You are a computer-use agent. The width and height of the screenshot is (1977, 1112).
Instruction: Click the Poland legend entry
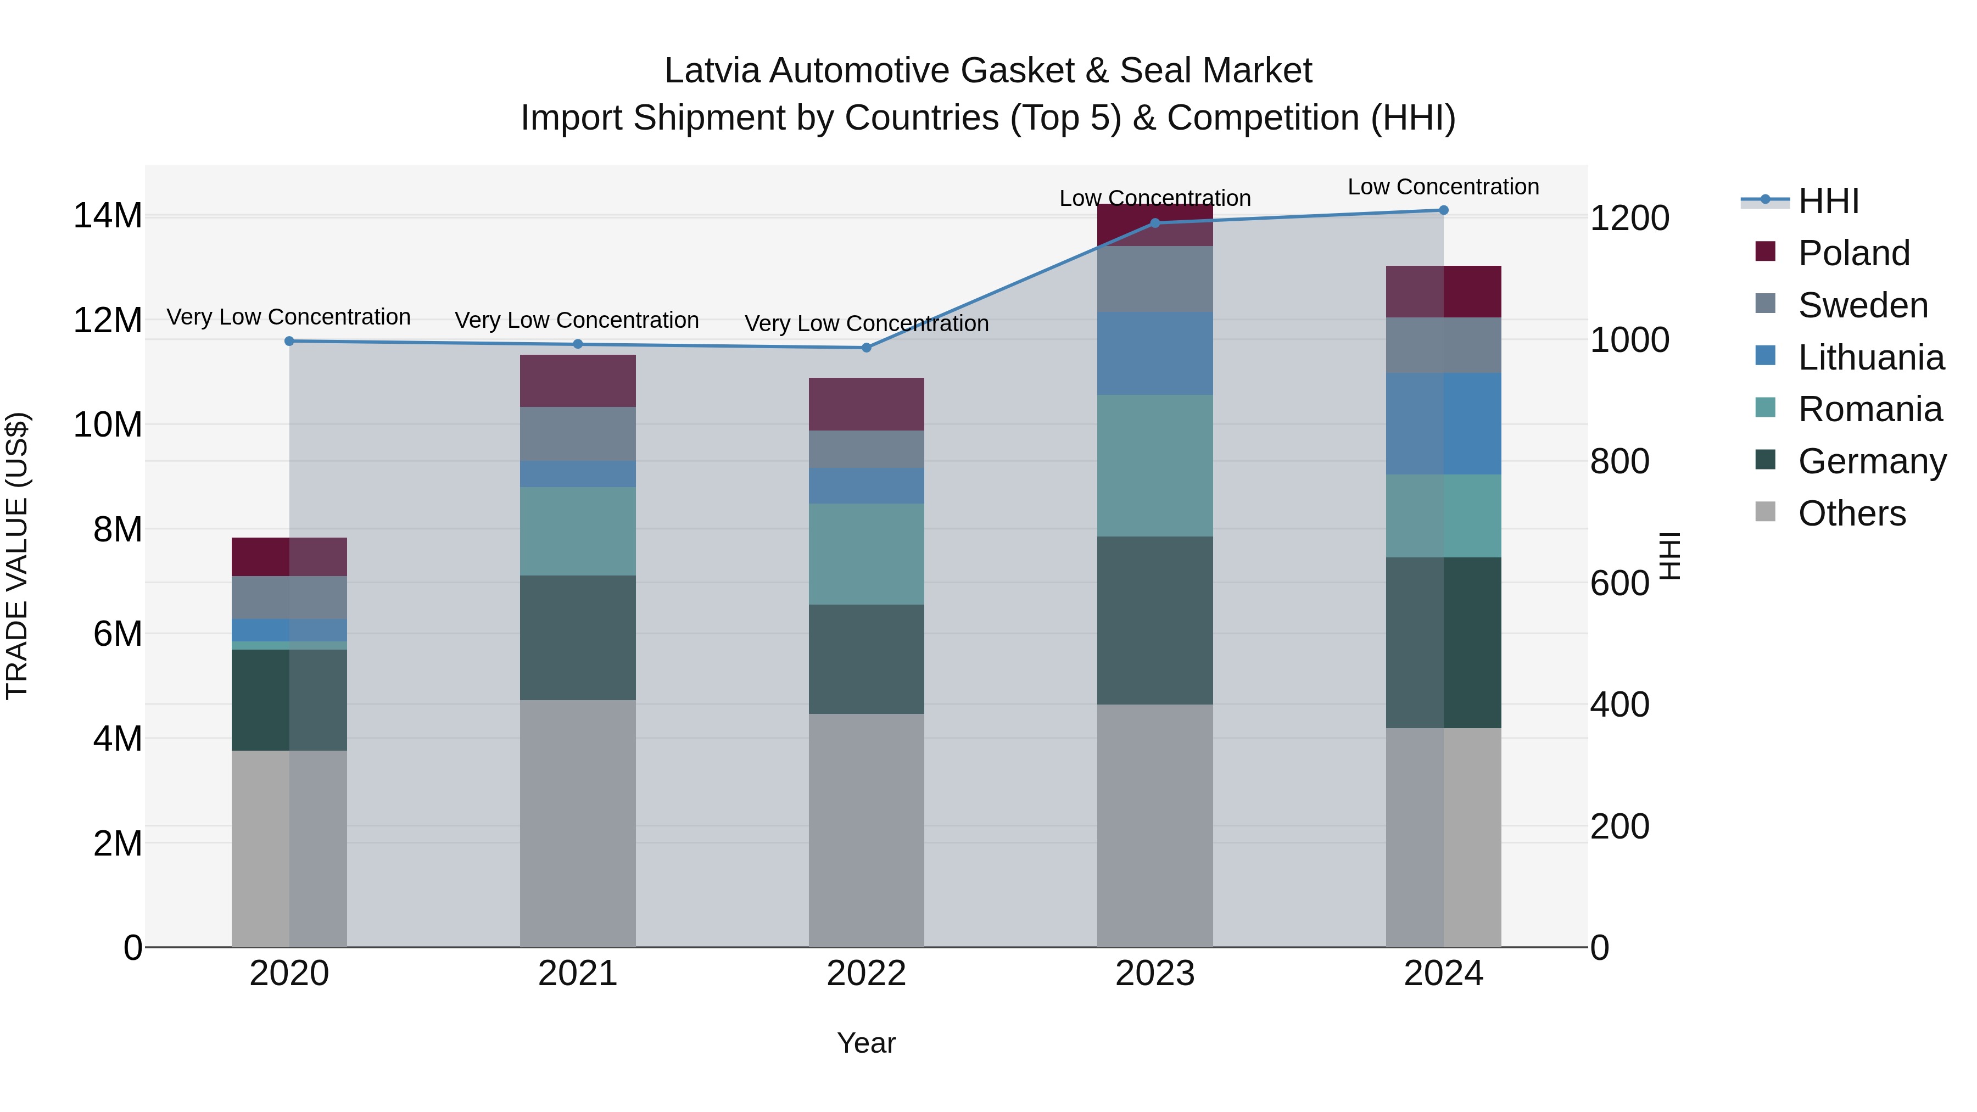1853,253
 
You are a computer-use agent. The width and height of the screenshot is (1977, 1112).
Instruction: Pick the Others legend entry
1851,513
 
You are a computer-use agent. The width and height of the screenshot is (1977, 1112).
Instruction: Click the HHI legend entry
1828,201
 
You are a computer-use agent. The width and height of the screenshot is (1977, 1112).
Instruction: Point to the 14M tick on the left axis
108,216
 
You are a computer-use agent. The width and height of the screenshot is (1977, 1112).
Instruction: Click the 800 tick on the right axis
1619,462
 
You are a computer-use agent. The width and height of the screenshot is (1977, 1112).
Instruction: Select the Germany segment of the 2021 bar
578,637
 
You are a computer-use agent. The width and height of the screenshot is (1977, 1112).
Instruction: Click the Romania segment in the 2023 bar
1155,465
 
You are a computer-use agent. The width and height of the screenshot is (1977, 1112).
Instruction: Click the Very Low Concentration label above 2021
577,320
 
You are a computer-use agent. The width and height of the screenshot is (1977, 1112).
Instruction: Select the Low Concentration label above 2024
1443,187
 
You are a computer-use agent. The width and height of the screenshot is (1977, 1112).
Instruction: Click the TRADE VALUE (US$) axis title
17,556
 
